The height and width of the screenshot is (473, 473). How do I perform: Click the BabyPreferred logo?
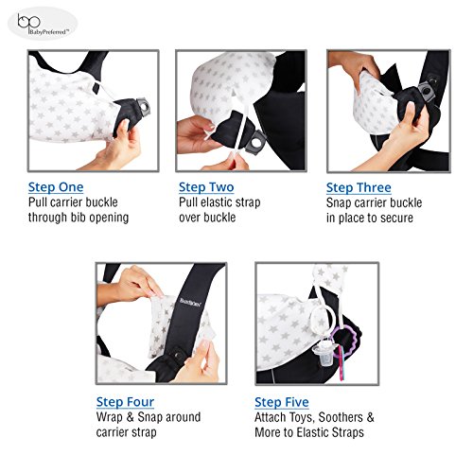[x=43, y=24]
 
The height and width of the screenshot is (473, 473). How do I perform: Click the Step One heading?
[x=56, y=187]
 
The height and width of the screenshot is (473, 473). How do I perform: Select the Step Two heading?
[x=206, y=187]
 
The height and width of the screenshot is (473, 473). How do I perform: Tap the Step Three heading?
[x=359, y=187]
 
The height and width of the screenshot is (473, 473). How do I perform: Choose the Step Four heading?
[x=125, y=402]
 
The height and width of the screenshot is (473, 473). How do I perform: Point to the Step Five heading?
[x=282, y=402]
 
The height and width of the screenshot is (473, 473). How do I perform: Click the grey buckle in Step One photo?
[x=143, y=107]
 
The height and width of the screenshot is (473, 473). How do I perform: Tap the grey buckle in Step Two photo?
[x=255, y=142]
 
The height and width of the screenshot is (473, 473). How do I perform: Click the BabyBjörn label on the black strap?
[x=191, y=302]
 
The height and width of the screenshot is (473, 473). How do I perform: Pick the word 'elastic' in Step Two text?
[x=219, y=202]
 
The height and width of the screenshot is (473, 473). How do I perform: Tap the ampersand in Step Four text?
[x=131, y=417]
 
